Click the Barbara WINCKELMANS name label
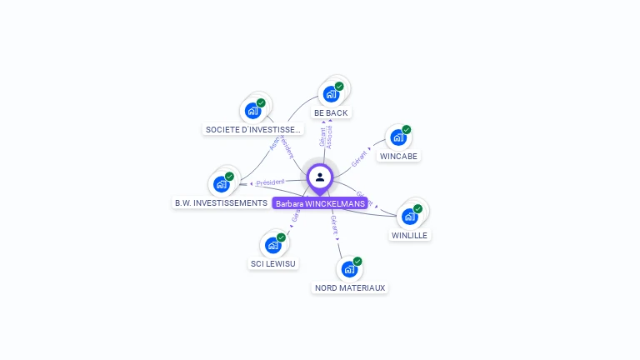click(x=320, y=203)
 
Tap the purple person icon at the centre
click(x=320, y=177)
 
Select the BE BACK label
click(x=331, y=112)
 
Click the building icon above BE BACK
click(x=331, y=93)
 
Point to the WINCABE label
click(x=399, y=156)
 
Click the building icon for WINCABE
click(x=397, y=137)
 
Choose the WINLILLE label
click(x=409, y=235)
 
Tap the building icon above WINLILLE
click(x=409, y=217)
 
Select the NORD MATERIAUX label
click(x=350, y=287)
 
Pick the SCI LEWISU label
click(x=273, y=263)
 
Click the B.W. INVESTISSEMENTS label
click(x=221, y=202)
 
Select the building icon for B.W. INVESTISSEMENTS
click(x=221, y=184)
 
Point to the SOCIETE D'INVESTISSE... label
click(x=253, y=129)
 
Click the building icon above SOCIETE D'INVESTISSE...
click(x=252, y=111)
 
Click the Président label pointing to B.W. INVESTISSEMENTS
click(x=270, y=182)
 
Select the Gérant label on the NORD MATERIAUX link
click(x=334, y=224)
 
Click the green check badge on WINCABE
click(x=407, y=129)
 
